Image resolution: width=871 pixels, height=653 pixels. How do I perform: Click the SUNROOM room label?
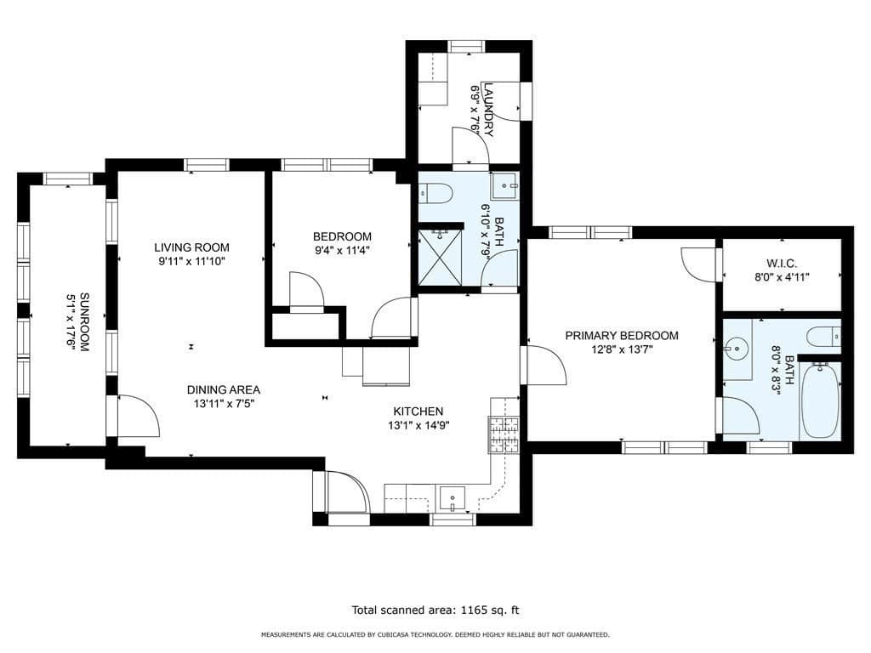84,322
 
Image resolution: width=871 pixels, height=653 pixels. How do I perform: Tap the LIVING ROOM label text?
191,247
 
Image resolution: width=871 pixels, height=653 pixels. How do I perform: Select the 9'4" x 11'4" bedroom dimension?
342,250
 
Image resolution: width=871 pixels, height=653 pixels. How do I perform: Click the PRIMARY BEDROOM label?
622,335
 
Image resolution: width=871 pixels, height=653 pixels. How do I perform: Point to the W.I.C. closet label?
782,264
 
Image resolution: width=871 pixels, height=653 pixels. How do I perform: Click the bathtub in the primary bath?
819,401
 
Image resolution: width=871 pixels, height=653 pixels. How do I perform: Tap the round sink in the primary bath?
737,349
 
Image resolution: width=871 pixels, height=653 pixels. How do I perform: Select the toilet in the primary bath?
823,337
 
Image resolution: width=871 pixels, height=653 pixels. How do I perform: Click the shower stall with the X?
440,257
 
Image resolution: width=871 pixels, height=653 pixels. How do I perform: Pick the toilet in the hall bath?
436,193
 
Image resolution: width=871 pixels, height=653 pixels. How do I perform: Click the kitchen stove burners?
504,434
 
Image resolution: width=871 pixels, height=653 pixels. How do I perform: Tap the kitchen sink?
453,497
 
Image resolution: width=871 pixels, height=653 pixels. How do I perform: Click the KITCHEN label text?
418,412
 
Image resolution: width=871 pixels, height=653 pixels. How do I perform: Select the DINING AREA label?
224,389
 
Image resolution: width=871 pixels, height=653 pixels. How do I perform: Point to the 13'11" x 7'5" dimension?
224,404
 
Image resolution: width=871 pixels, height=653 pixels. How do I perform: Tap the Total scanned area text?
435,610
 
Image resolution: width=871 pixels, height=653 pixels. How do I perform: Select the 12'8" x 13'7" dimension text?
621,349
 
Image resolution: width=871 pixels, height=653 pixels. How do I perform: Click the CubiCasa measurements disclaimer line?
435,634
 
